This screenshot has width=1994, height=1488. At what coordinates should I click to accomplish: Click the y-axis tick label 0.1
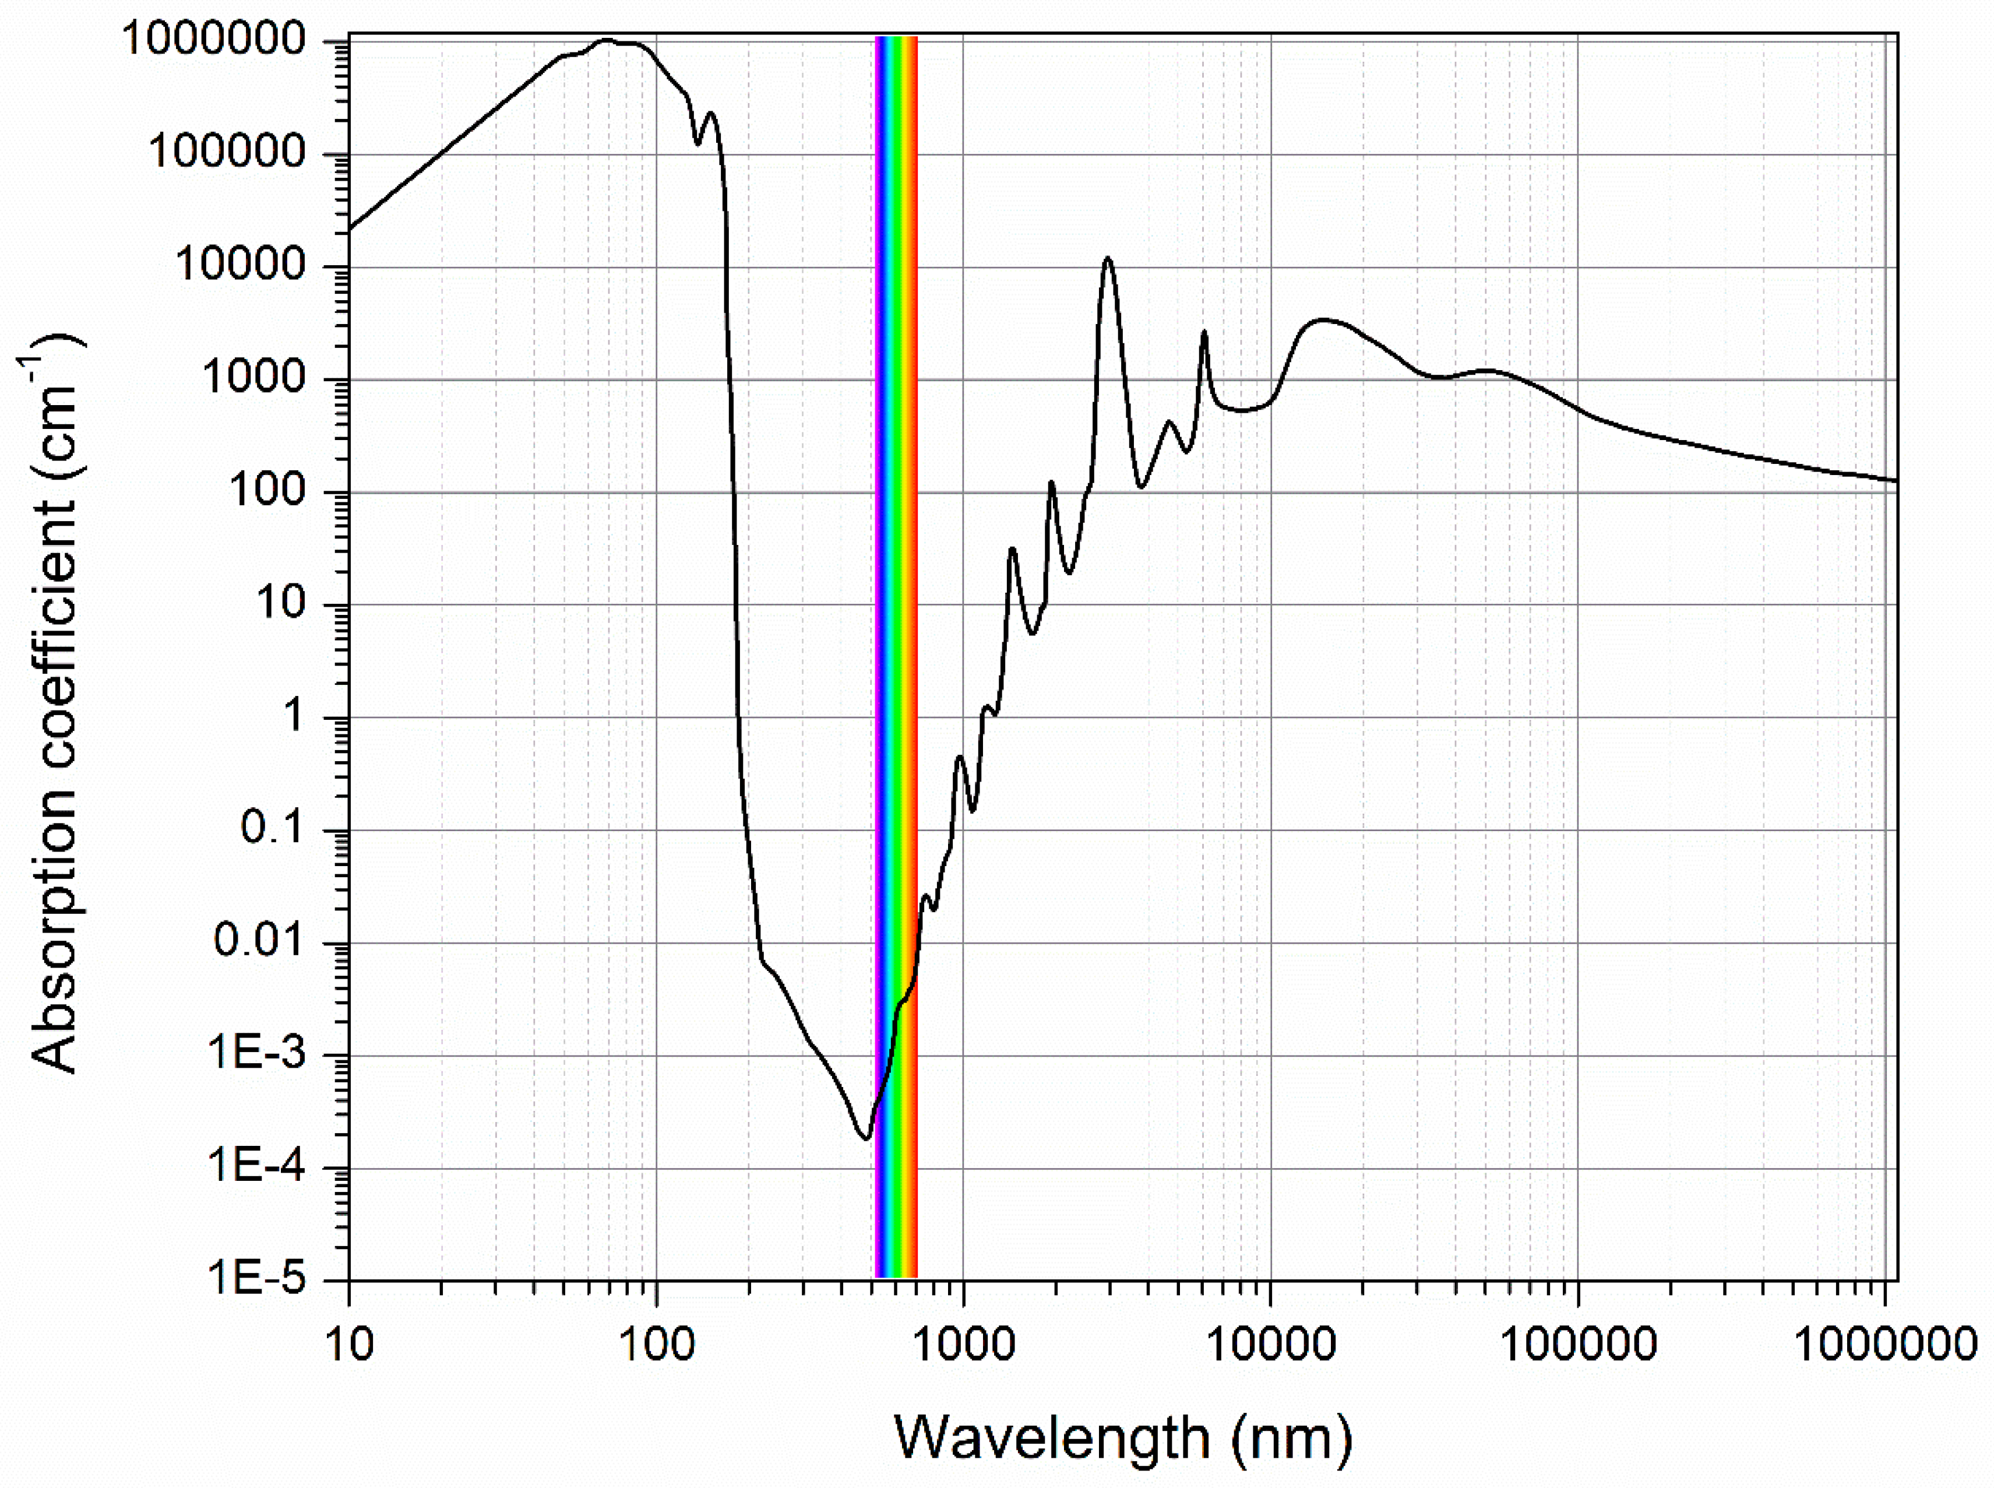point(274,829)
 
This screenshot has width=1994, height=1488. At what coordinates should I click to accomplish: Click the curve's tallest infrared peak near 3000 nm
point(1108,259)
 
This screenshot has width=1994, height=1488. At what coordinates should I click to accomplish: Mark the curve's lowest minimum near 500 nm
point(865,1138)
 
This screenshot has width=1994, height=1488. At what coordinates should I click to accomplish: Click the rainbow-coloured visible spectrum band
point(896,631)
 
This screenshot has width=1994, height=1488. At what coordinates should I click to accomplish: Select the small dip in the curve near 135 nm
point(697,142)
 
